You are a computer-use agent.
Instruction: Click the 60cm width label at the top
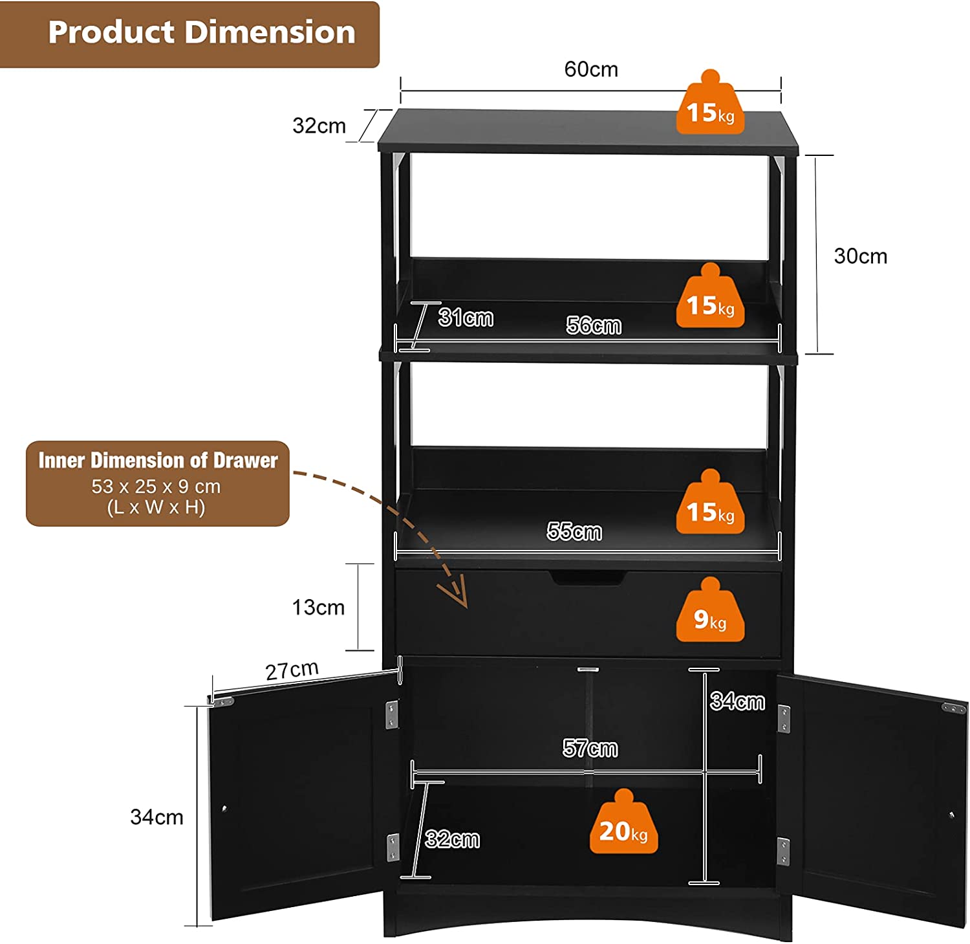coord(591,69)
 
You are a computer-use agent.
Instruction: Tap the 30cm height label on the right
coord(860,256)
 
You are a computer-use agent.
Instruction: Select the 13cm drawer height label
coord(318,608)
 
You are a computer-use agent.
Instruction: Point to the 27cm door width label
coord(292,670)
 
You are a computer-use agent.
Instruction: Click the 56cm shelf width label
coord(594,325)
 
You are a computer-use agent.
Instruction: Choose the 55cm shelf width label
coord(574,531)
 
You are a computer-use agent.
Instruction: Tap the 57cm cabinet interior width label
coord(590,749)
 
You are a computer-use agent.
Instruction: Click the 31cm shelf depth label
coord(466,318)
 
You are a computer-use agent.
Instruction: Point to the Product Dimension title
coord(202,32)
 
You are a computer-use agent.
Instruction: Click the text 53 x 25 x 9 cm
coord(156,487)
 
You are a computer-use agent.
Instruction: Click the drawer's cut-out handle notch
coord(588,578)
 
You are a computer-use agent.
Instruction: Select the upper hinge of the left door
coord(392,715)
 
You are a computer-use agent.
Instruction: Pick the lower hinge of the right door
coord(783,851)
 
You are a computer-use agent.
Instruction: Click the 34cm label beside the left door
coord(156,817)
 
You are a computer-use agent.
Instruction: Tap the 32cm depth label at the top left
coord(319,126)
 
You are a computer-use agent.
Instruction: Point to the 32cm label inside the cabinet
coord(453,840)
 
